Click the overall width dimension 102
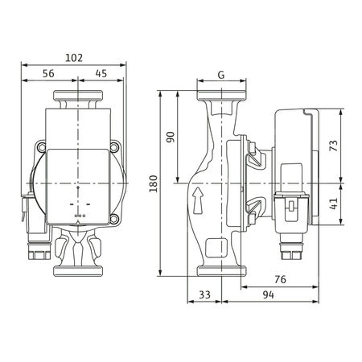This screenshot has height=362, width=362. [x=74, y=59]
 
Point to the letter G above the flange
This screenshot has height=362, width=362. [x=220, y=75]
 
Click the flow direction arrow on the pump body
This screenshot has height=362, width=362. [x=196, y=195]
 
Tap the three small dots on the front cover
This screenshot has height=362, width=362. [x=78, y=216]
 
